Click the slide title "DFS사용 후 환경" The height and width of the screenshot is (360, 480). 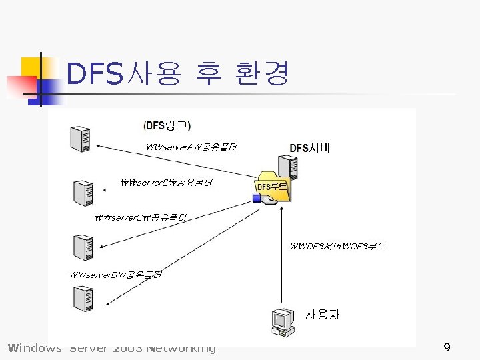pos(178,74)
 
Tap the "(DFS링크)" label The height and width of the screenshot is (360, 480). pos(167,125)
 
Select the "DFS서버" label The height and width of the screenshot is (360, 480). pos(309,149)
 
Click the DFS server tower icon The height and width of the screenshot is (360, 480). pos(289,169)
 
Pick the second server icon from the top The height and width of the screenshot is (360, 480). pos(83,193)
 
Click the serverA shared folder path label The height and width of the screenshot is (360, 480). pos(191,147)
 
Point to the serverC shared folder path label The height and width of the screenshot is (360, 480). pos(141,217)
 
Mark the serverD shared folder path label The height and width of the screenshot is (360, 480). pos(117,275)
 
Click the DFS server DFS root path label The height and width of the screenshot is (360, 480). pos(337,246)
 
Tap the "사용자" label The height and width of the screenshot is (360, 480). pos(323,314)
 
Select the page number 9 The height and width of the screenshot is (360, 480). pos(447,347)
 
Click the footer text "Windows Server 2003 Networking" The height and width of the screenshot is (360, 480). pos(111,348)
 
